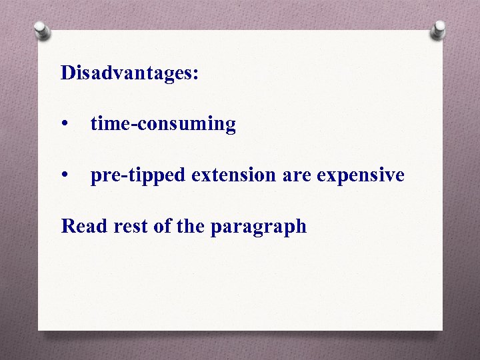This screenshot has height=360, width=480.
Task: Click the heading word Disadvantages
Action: click(x=127, y=73)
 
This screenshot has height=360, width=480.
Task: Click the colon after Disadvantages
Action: click(x=195, y=74)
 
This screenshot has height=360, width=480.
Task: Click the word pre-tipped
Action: click(x=139, y=176)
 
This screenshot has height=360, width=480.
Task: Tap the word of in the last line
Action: click(x=162, y=226)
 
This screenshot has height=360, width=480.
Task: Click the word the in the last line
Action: click(x=191, y=226)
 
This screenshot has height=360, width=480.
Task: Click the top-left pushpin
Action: click(x=41, y=29)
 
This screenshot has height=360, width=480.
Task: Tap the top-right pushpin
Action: click(x=439, y=29)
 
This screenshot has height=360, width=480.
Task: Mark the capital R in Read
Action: click(x=68, y=226)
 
